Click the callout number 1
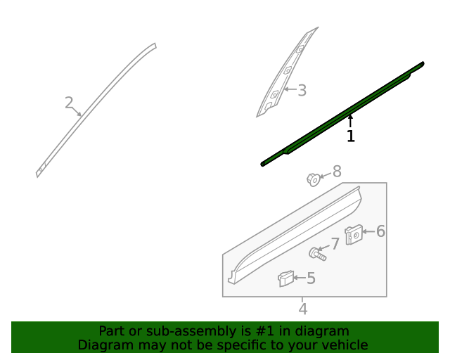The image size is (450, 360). (x=350, y=136)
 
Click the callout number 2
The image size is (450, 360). (x=69, y=103)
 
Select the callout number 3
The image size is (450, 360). (x=302, y=90)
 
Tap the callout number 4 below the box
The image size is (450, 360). (x=302, y=309)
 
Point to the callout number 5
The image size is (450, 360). (x=310, y=278)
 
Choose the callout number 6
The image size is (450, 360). (x=380, y=231)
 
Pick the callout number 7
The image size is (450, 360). (x=335, y=243)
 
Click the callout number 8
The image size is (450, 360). (x=337, y=171)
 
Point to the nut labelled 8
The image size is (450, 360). (x=314, y=179)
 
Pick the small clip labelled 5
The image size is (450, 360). (x=285, y=278)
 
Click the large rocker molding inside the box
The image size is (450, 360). (x=295, y=232)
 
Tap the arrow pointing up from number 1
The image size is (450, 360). (x=350, y=121)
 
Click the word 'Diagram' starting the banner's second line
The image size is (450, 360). (x=104, y=345)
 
